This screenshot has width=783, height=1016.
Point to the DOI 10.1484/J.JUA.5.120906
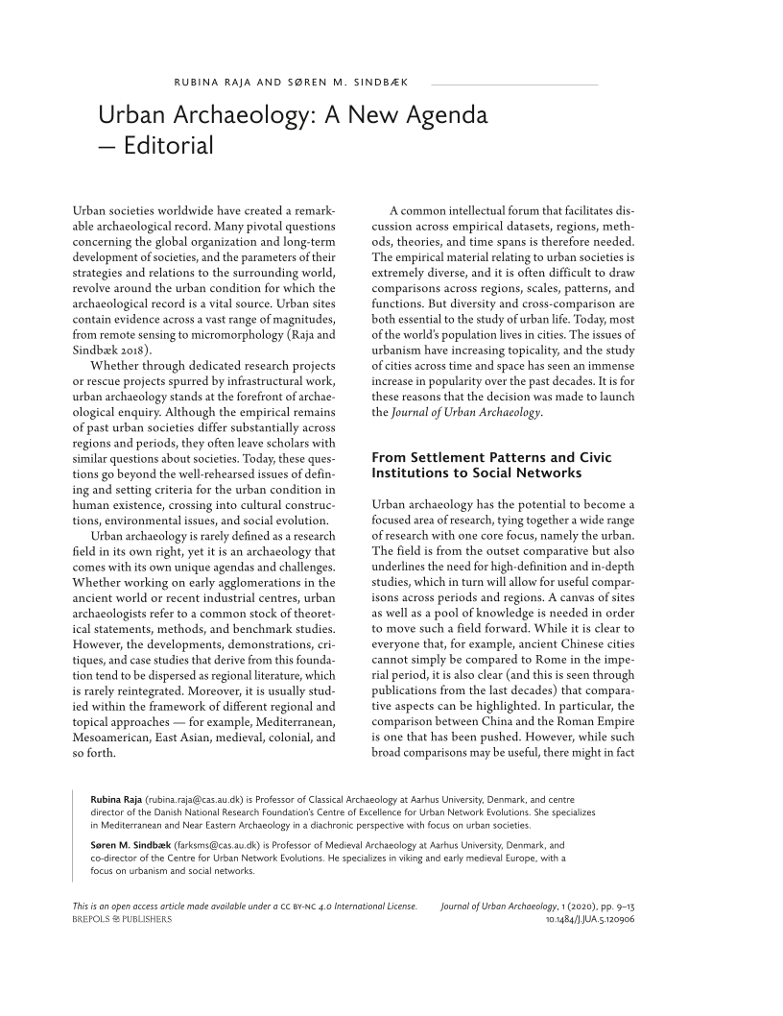(589, 919)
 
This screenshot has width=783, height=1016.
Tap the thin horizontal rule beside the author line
(509, 85)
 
